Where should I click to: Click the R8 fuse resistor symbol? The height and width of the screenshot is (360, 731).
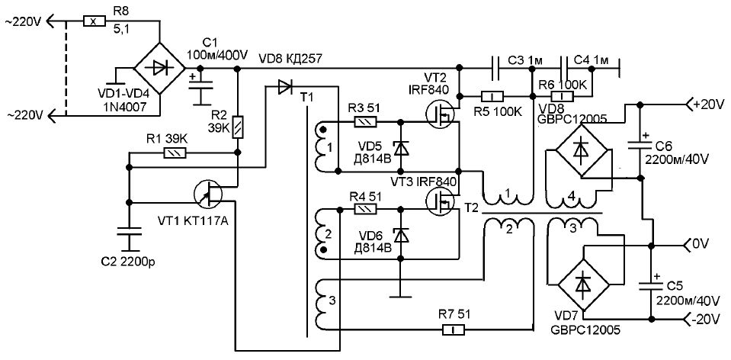pyautogui.click(x=95, y=21)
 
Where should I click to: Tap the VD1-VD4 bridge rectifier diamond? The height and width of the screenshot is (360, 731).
pyautogui.click(x=160, y=69)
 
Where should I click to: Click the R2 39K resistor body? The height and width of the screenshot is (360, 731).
pyautogui.click(x=237, y=127)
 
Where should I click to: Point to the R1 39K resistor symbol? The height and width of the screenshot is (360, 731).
pyautogui.click(x=175, y=152)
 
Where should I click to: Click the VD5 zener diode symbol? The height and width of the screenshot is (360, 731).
pyautogui.click(x=400, y=147)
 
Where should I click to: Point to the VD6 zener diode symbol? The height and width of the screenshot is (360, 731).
pyautogui.click(x=400, y=236)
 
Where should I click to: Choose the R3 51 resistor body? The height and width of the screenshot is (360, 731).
pyautogui.click(x=366, y=122)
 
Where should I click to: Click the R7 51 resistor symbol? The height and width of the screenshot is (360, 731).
pyautogui.click(x=454, y=330)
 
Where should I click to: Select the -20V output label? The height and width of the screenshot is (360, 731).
pyautogui.click(x=709, y=321)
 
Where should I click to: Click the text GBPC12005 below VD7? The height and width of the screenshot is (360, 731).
pyautogui.click(x=585, y=330)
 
